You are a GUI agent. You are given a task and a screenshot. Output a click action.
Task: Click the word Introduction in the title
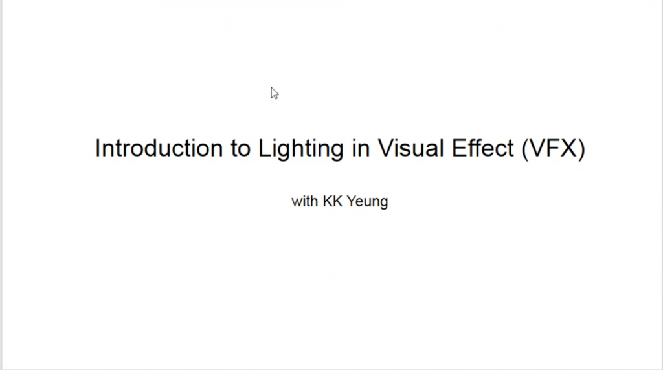point(159,148)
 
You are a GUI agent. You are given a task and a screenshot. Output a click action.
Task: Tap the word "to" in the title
point(241,149)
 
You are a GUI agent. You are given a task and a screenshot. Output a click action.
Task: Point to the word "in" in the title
point(361,148)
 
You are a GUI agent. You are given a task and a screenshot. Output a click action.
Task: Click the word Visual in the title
point(410,148)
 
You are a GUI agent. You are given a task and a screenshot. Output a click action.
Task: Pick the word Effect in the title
point(483,148)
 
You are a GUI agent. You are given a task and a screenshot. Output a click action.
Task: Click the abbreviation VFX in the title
point(554,148)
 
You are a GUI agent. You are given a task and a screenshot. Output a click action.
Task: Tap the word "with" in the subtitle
point(305,201)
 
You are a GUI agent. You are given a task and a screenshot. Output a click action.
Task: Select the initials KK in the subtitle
point(332,201)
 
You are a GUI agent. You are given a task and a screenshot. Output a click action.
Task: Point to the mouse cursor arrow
point(275,93)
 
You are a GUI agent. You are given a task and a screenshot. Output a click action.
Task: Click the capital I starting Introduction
point(98,148)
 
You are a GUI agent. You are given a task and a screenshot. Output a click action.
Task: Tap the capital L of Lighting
point(265,148)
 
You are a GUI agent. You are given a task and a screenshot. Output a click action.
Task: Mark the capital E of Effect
point(459,148)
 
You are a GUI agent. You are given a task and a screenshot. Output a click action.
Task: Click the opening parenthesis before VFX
point(524,150)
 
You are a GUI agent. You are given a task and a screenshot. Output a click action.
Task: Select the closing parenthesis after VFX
point(582,150)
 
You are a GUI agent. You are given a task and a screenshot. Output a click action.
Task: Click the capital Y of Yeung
point(352,201)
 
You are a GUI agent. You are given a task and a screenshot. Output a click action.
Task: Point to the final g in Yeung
point(383,204)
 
